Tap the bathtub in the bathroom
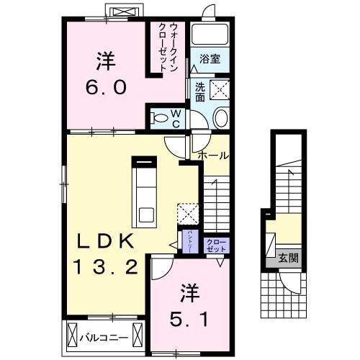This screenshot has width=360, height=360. [210, 36]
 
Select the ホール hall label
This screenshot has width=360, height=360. [213, 156]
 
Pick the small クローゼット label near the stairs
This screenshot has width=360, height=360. [216, 245]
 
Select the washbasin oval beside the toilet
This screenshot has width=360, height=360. [220, 118]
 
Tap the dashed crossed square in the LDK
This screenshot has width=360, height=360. [188, 214]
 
